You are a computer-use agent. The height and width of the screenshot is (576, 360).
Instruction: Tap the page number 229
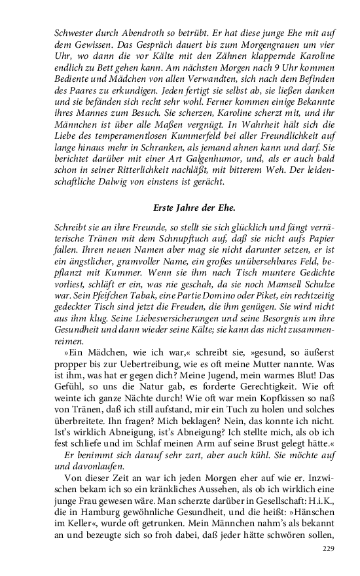[329, 549]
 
